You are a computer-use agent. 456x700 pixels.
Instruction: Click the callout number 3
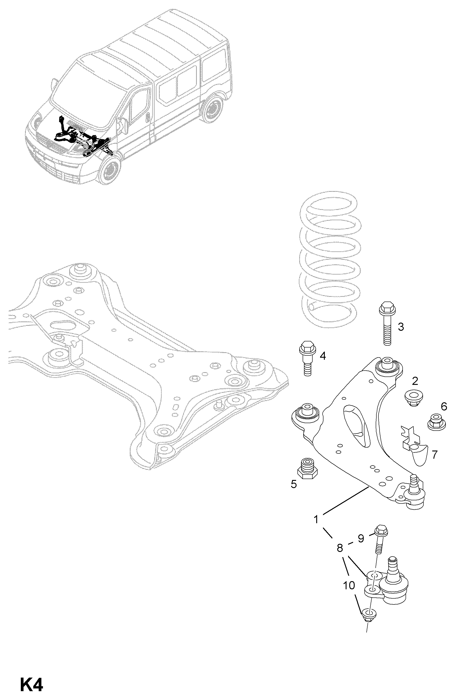click(x=400, y=326)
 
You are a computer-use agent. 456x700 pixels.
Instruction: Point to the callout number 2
click(x=415, y=381)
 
